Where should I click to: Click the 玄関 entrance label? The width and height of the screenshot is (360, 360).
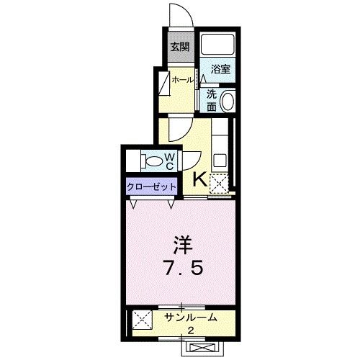pos(179,47)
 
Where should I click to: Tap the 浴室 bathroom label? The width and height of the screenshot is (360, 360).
pos(221,69)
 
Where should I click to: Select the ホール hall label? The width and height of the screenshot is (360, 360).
pos(181,80)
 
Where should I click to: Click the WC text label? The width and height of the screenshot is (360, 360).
pos(171,161)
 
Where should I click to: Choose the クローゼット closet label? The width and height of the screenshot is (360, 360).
pos(152,186)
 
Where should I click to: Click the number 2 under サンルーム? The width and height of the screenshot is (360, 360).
pos(190,330)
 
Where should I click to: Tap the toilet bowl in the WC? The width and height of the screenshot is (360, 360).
pos(153,160)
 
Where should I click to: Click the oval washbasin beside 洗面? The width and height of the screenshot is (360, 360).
pos(228,100)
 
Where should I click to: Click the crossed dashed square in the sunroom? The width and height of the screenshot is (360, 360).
pos(141,318)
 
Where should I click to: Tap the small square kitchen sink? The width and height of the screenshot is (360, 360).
pos(220,158)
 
